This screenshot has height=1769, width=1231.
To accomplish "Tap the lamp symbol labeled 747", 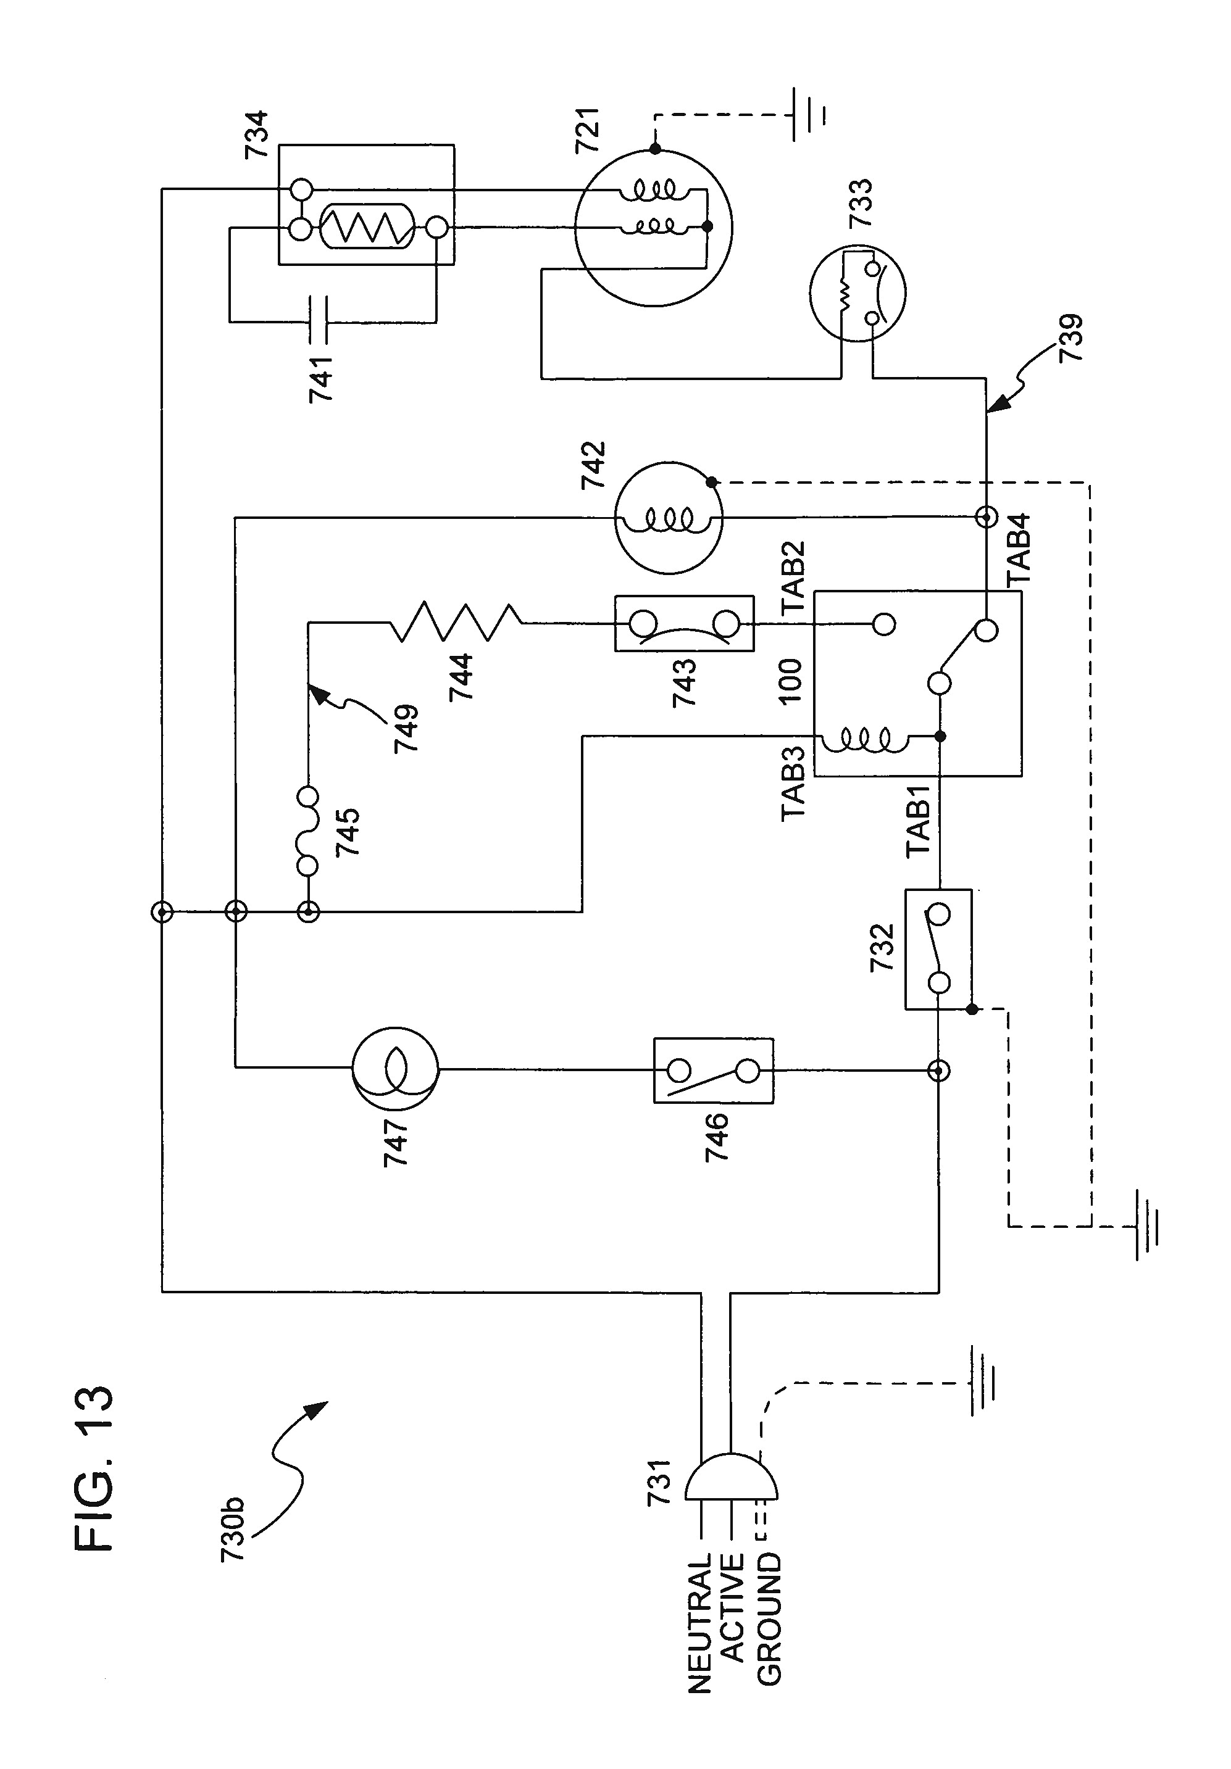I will coord(394,1069).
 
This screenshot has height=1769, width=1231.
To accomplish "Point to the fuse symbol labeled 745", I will coord(307,831).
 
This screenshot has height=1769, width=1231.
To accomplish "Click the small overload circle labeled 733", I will coord(856,294).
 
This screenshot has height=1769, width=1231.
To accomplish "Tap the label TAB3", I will coord(794,784).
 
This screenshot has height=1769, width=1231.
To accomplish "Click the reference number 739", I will coord(1070,337).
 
